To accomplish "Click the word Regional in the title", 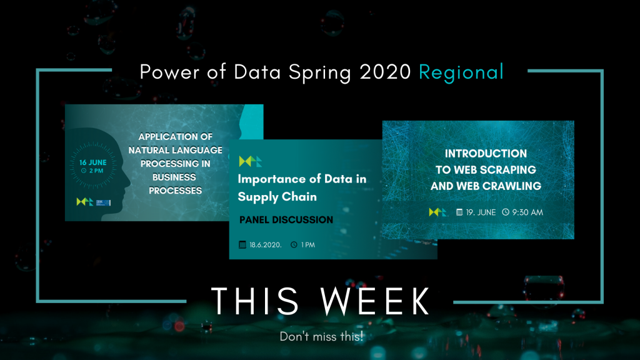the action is pos(461,73).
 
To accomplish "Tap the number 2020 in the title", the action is pos(385,72).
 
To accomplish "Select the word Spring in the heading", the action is pos(319,73).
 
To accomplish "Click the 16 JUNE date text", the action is pos(93,162).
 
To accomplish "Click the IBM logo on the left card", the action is pos(103,202).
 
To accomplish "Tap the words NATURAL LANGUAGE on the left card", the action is pos(176,150).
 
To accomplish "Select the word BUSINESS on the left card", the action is pos(174,177).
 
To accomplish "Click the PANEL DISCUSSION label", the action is pos(286,220).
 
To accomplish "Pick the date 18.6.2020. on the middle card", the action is pos(266,245).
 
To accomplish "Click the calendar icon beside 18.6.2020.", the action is pos(242,245).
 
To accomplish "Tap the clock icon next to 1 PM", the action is pos(294,245).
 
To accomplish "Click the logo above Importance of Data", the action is pos(250,162).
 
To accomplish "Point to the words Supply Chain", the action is pos(277,197).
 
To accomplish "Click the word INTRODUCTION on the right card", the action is pos(486,154).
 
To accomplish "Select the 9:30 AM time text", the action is pos(527,212).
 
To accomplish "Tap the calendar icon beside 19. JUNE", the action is pos(459,212).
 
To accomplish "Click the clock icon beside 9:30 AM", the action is pos(506,212).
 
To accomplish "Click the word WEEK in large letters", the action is pos(375,301).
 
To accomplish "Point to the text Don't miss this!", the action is pos(321,337).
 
